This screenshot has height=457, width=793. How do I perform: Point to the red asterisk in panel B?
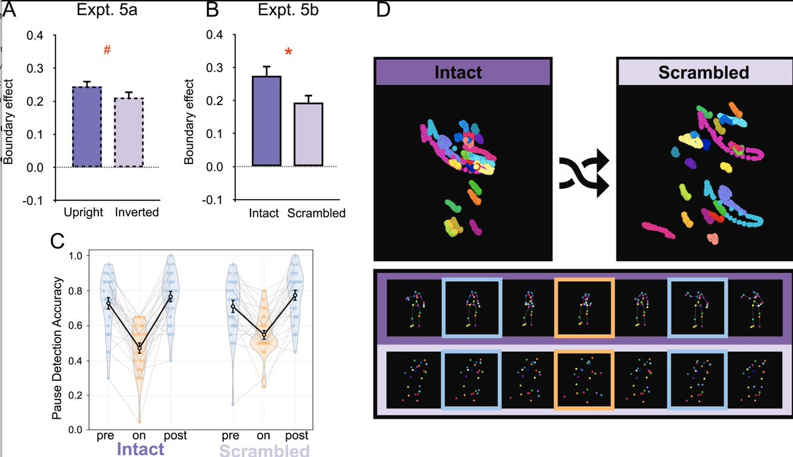tap(287, 52)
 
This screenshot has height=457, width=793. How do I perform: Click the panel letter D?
tap(385, 11)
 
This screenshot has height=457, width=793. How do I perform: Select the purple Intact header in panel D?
tap(462, 71)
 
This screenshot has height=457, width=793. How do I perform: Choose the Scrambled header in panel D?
tap(703, 71)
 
